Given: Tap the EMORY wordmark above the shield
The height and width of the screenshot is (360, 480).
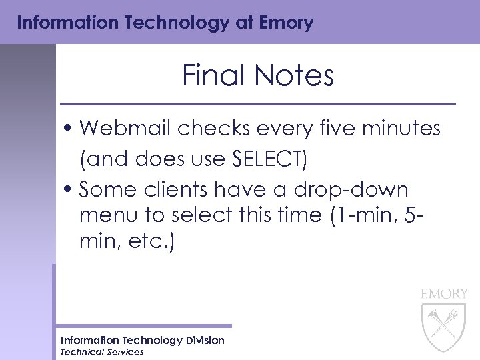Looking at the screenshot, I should click(444, 293).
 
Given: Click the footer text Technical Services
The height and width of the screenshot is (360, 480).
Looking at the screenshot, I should click(102, 352).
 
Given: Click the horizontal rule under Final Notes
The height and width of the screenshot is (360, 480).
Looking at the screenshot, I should click(258, 105).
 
